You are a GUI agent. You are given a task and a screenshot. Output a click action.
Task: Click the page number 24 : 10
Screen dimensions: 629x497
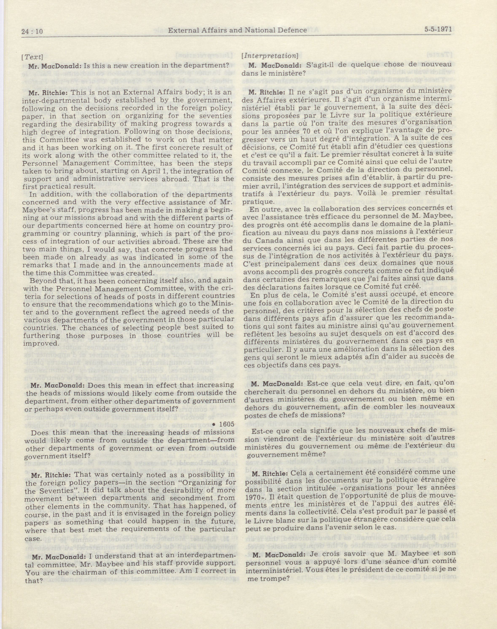(32, 31)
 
